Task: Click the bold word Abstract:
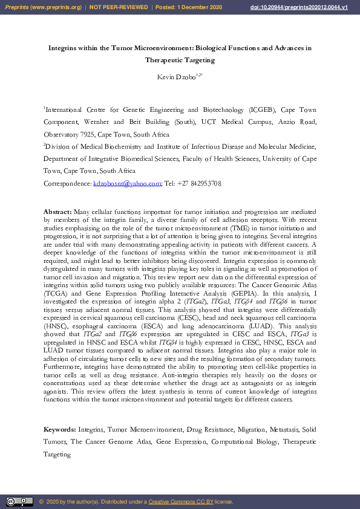coord(57,212)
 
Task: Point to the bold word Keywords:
coord(60,429)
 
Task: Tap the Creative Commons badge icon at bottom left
coord(19,502)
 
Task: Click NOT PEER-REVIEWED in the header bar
coord(119,7)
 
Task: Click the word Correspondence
coord(67,183)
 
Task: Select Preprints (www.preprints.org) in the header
coord(44,7)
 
